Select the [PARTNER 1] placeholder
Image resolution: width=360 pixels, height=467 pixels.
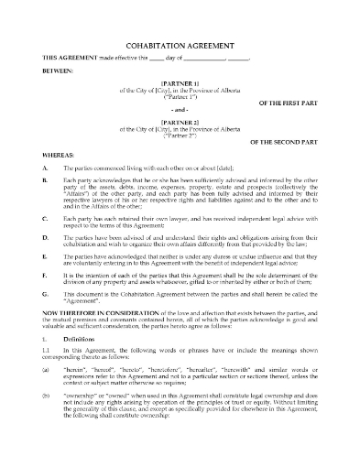[179, 91]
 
